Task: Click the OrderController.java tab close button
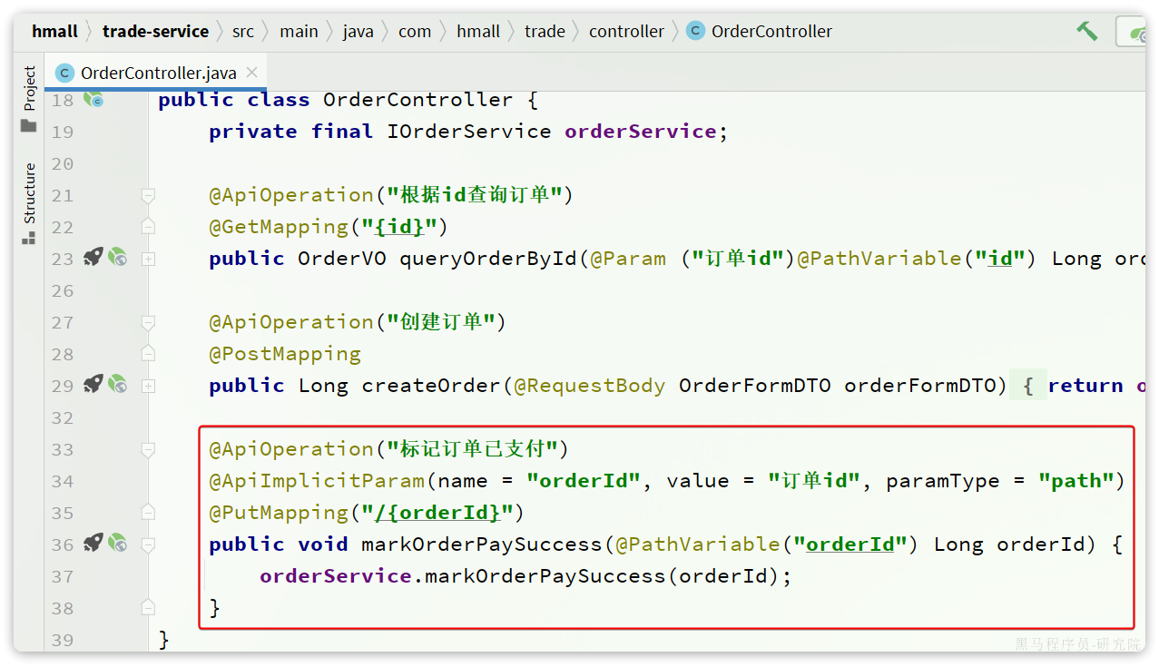(x=252, y=73)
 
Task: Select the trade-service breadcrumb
(x=155, y=32)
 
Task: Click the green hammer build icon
(x=1087, y=31)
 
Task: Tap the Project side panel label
(x=29, y=89)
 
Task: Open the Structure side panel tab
(x=29, y=193)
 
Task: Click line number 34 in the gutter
(x=63, y=481)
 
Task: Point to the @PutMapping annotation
(x=279, y=513)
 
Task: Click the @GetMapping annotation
(x=279, y=227)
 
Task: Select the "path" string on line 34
(x=1076, y=481)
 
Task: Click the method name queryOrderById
(x=488, y=259)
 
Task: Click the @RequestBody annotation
(x=590, y=386)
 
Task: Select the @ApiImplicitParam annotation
(x=317, y=481)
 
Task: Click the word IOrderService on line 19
(x=469, y=132)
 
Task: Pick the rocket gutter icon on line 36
(x=93, y=544)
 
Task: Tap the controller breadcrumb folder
(x=626, y=32)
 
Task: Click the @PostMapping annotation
(x=285, y=354)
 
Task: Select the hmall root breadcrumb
(x=54, y=32)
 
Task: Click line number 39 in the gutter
(x=63, y=640)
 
